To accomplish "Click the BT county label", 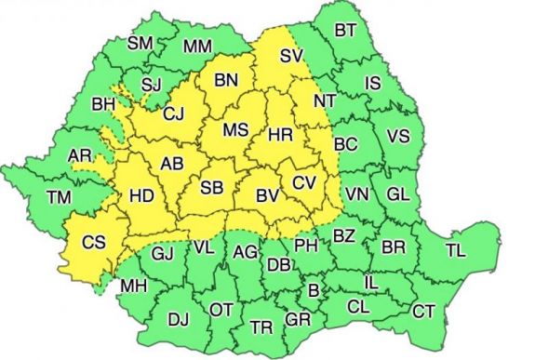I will pyautogui.click(x=345, y=31).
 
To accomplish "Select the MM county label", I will pyautogui.click(x=197, y=46).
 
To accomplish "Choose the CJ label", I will pyautogui.click(x=174, y=115).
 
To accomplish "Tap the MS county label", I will pyautogui.click(x=234, y=130).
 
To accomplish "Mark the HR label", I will pyautogui.click(x=280, y=136).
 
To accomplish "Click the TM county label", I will pyautogui.click(x=60, y=197).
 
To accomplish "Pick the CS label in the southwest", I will pyautogui.click(x=94, y=243).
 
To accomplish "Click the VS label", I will pyautogui.click(x=397, y=136).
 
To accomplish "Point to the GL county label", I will pyautogui.click(x=397, y=194).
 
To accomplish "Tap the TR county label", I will pyautogui.click(x=261, y=327).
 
